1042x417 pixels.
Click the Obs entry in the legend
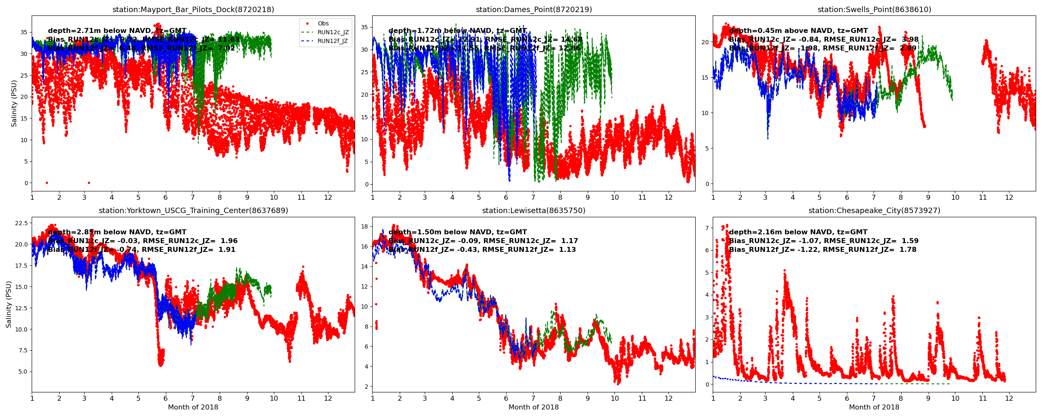323,24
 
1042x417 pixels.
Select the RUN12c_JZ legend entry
333,33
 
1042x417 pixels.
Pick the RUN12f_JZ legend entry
333,41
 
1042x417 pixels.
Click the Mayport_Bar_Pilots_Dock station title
193,10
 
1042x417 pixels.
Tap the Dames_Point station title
534,10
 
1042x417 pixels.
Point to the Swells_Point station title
874,10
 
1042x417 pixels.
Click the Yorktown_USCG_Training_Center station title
193,211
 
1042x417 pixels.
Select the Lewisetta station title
534,211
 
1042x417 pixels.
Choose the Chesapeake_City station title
874,211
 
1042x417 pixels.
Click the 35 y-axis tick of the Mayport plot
24,32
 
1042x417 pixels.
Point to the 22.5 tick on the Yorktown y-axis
21,223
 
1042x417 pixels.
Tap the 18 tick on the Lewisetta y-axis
364,226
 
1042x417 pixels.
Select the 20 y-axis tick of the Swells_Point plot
705,42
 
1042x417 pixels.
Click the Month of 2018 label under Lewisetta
534,407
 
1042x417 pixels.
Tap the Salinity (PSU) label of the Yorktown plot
9,304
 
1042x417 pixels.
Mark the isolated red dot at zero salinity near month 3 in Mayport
89,183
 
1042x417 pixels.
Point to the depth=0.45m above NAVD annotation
798,31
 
